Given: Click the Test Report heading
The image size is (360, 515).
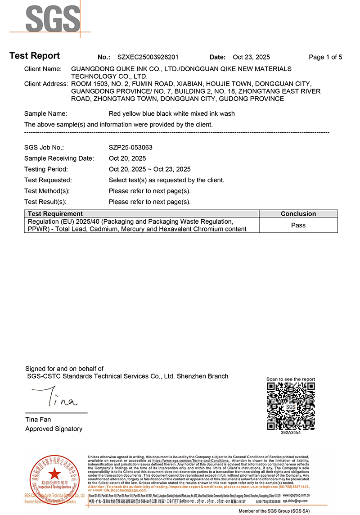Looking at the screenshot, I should [35, 56].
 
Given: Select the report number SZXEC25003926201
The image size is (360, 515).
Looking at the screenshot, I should [148, 57].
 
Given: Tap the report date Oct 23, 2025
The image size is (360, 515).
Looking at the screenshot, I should [251, 57].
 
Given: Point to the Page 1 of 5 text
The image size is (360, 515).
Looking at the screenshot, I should [325, 57].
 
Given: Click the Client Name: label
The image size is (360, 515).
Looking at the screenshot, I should [43, 69].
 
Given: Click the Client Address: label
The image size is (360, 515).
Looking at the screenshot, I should [46, 84].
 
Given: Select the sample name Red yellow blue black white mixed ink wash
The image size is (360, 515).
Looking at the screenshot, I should [172, 113].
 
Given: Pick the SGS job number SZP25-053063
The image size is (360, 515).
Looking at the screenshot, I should [130, 147].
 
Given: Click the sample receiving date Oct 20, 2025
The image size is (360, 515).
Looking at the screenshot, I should [127, 158].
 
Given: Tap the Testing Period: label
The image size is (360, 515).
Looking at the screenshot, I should [46, 169].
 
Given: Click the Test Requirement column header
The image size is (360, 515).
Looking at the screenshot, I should [55, 214].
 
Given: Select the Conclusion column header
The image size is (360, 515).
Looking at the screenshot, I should [298, 214].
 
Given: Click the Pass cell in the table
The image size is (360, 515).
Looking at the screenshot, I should [298, 225].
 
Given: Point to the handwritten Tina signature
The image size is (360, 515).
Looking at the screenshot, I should [57, 399].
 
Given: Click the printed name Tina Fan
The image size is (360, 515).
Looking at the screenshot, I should [38, 420].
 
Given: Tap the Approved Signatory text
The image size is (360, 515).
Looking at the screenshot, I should [54, 429].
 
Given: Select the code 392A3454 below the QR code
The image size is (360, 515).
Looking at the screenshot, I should [291, 433].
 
